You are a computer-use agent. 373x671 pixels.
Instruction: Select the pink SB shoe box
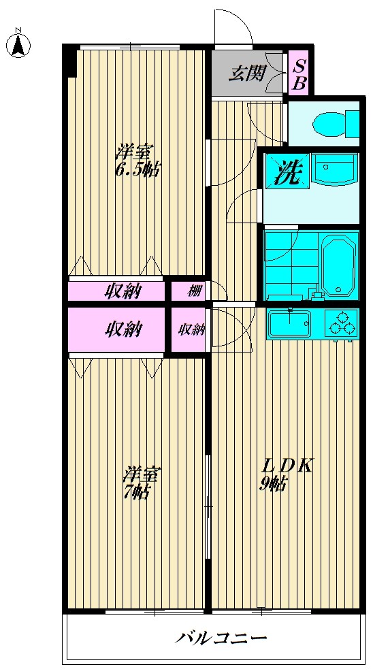pyautogui.click(x=299, y=73)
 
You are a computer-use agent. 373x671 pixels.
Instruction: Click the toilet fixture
pyautogui.click(x=335, y=124)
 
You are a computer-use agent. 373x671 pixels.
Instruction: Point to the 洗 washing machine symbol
pyautogui.click(x=285, y=171)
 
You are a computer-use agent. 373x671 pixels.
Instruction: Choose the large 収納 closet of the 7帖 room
pyautogui.click(x=117, y=329)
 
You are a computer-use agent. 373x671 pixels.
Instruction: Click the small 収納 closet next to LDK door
pyautogui.click(x=191, y=329)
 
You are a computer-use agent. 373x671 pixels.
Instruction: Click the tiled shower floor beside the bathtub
pyautogui.click(x=289, y=263)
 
